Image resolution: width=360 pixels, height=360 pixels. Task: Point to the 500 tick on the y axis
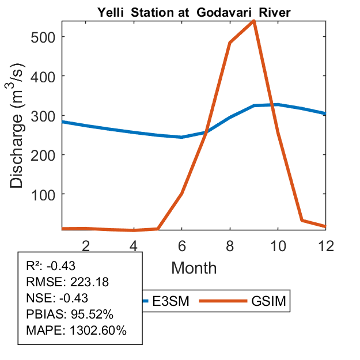click(x=44, y=37)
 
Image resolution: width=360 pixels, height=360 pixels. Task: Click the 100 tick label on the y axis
click(x=44, y=194)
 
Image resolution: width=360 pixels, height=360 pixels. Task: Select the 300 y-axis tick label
click(x=44, y=115)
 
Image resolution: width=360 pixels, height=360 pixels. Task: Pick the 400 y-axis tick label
click(x=44, y=76)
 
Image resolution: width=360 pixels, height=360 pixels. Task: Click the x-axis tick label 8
click(x=230, y=245)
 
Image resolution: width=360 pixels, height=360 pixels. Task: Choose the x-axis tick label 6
click(x=182, y=245)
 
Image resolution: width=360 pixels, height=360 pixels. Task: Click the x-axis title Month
click(x=194, y=267)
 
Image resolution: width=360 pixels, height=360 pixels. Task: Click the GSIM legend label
click(x=269, y=301)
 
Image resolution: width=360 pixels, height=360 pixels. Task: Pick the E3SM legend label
click(x=170, y=301)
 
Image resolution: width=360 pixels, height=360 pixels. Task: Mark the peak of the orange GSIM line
click(x=253, y=21)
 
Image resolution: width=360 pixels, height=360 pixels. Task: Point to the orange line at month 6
click(x=182, y=193)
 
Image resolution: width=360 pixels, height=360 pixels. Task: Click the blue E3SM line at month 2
click(x=86, y=126)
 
